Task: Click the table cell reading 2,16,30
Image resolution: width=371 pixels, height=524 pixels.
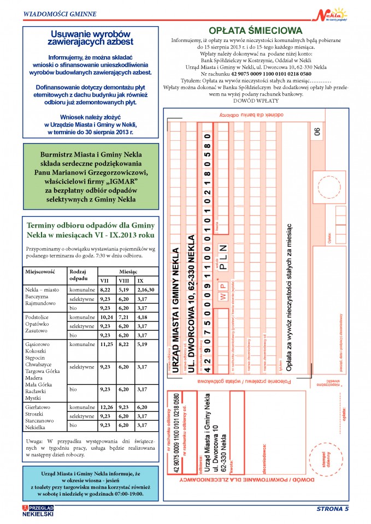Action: [x=146, y=290]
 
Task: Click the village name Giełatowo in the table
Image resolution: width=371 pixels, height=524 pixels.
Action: [x=38, y=407]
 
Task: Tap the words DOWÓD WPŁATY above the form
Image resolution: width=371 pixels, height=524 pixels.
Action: [x=256, y=101]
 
